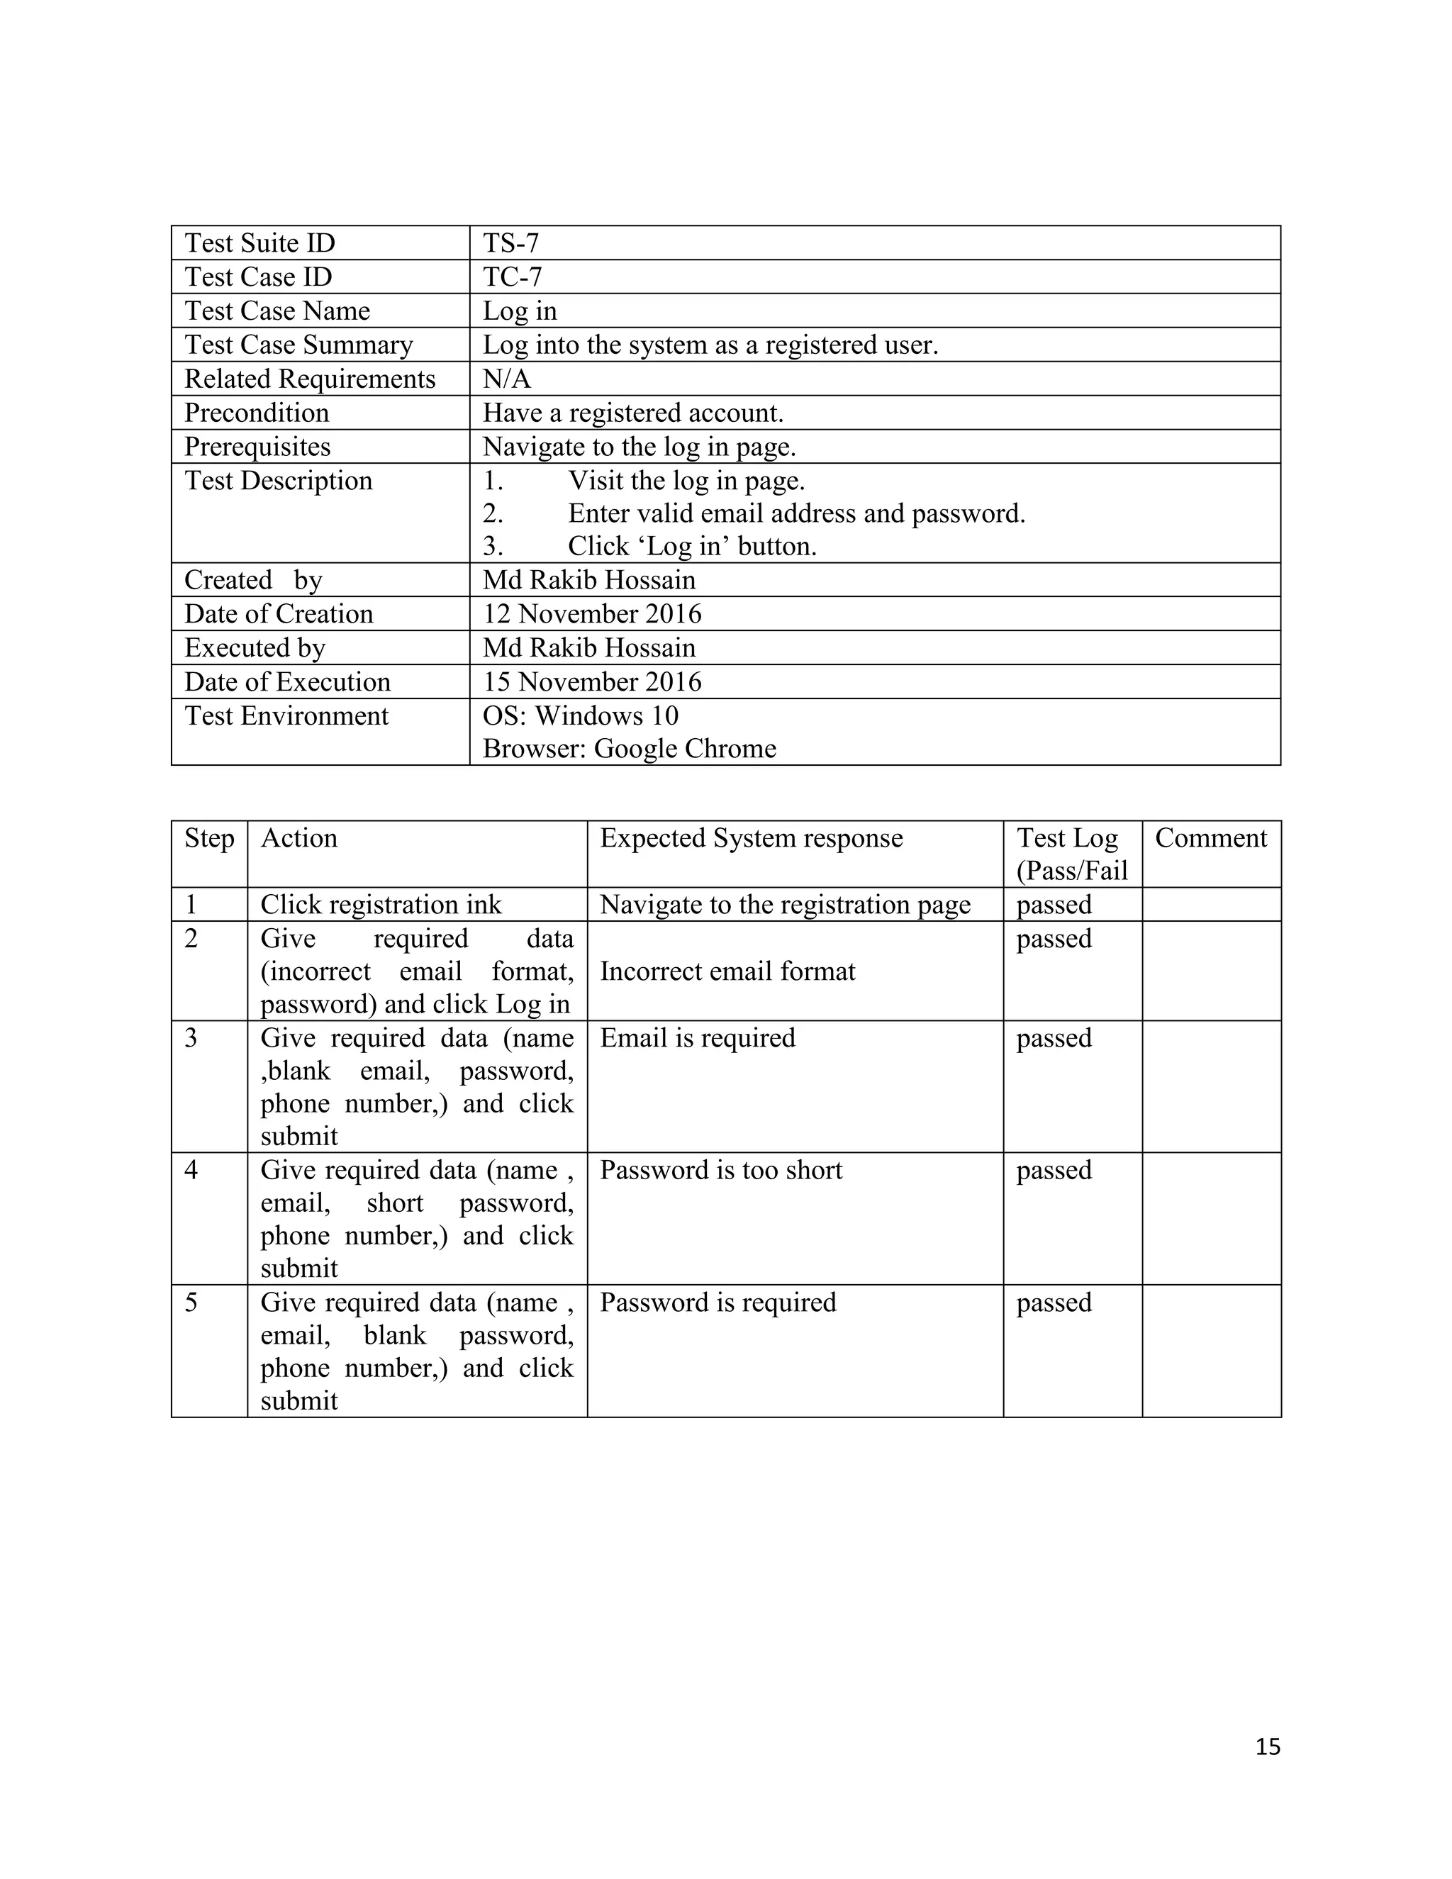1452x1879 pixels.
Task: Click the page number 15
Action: [1267, 1746]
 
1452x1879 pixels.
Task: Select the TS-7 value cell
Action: [511, 243]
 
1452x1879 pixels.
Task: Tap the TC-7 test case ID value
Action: [512, 277]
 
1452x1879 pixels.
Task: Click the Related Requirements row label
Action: [310, 379]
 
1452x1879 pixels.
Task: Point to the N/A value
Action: [507, 379]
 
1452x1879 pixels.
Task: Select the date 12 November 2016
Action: [592, 613]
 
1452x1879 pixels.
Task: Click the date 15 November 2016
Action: [592, 681]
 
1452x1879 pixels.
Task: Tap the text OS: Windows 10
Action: [581, 715]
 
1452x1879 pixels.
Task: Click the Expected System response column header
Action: [751, 838]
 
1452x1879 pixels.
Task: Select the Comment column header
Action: [1210, 838]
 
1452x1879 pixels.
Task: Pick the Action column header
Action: [298, 838]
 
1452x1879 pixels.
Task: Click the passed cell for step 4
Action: [1054, 1170]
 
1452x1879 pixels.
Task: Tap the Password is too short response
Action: [721, 1170]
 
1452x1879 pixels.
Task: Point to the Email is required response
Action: [697, 1037]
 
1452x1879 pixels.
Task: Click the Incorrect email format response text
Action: [727, 971]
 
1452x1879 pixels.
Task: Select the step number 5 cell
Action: [191, 1302]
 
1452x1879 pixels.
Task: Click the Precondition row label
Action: [257, 413]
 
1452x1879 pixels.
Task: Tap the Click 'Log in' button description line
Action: [691, 546]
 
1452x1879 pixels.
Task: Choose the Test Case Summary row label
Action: [298, 345]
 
